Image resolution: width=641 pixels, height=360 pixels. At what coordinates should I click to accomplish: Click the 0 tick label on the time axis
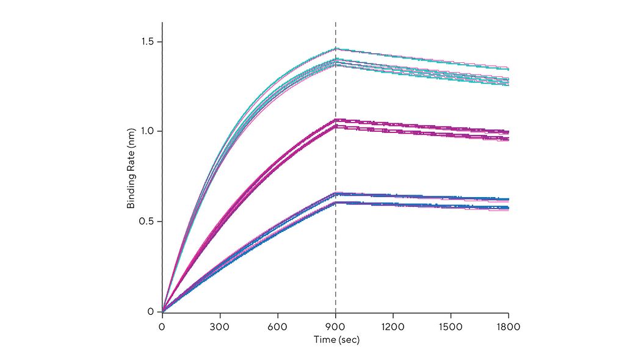tap(162, 326)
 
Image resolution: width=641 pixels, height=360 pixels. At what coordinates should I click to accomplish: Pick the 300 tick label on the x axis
tap(220, 326)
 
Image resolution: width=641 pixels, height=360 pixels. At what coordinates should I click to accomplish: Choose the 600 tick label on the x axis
tap(278, 326)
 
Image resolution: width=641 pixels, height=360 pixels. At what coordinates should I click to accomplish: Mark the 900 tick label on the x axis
tap(336, 326)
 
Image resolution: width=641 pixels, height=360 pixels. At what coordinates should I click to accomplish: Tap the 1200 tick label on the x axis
tap(393, 326)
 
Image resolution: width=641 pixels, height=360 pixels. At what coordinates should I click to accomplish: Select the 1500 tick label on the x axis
tap(451, 326)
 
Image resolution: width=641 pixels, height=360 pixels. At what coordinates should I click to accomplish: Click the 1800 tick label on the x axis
tap(509, 326)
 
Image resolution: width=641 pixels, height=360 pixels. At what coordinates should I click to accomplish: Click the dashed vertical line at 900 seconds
tap(336, 183)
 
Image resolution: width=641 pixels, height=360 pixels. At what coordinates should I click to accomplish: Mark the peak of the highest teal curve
tap(336, 48)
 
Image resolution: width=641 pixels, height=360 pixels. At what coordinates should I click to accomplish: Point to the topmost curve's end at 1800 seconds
tap(508, 69)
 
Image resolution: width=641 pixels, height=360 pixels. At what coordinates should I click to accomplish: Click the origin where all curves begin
tap(162, 311)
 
